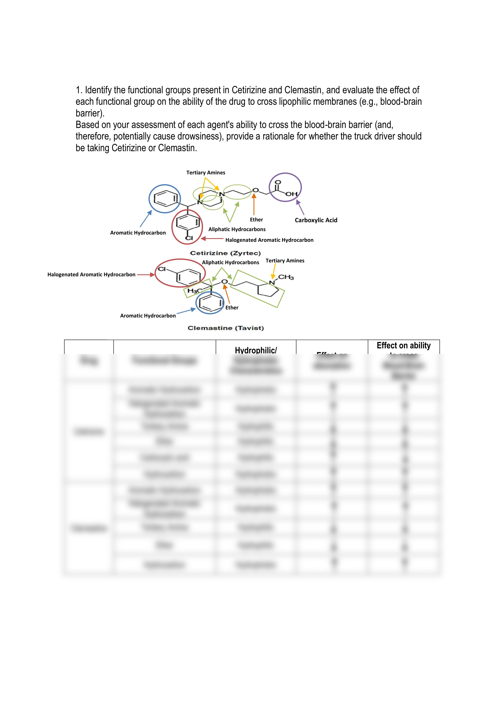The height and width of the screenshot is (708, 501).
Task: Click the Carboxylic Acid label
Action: (316, 220)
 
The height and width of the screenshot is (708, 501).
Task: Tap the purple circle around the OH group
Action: (285, 187)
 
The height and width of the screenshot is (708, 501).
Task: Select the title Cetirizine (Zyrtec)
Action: (225, 253)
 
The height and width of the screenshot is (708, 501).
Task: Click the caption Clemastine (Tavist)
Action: (226, 328)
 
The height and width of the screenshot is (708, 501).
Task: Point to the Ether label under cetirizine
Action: (256, 220)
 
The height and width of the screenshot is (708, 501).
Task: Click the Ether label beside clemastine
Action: (232, 307)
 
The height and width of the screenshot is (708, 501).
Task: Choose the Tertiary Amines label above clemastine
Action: (285, 261)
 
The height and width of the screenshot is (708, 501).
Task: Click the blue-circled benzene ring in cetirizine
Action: (165, 199)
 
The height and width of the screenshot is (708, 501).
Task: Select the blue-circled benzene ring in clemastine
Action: (210, 303)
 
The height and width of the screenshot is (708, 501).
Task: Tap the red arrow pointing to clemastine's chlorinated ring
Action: (146, 274)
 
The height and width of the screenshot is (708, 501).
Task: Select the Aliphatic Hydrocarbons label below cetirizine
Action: (237, 229)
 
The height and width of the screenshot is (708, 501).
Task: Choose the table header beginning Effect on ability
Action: (403, 346)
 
